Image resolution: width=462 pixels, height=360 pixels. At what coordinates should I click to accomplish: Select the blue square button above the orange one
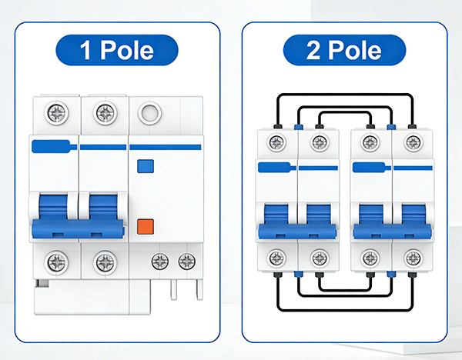point(143,165)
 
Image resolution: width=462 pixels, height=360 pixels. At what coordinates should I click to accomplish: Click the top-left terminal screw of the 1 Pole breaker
point(56,115)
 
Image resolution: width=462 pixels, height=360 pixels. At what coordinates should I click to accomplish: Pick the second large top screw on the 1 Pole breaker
point(104,115)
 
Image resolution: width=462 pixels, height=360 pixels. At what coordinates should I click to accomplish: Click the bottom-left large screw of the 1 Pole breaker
point(56,262)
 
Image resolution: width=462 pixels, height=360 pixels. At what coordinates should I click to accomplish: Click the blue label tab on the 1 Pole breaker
point(54,146)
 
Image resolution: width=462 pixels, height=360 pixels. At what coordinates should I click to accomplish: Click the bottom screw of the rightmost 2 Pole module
point(413,257)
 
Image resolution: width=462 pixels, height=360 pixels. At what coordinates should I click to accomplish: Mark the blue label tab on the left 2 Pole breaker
point(276,167)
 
